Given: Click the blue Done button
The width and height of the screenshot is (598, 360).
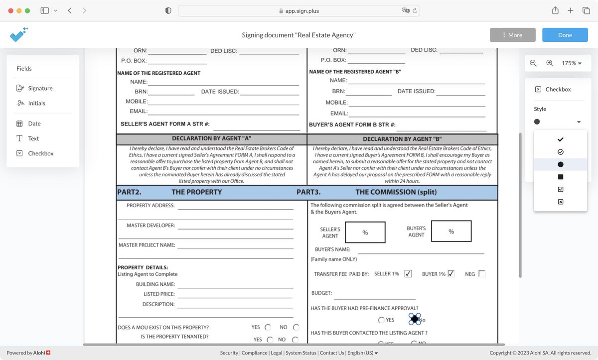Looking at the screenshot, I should [x=565, y=35].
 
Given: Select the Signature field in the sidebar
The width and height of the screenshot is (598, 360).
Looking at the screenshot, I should [x=40, y=88].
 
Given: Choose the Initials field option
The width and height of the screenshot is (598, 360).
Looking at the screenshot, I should [x=36, y=103].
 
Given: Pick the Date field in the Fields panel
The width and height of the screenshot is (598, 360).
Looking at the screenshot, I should [x=34, y=123].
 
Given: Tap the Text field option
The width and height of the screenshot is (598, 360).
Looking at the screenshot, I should [x=33, y=138].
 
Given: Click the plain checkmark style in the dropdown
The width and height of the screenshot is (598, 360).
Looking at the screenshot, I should [x=561, y=139].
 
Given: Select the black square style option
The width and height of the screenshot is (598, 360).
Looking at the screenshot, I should [x=561, y=177].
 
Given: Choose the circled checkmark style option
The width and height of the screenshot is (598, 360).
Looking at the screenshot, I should [x=561, y=152].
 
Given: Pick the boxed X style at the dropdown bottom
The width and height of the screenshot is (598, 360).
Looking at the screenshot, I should [x=561, y=202].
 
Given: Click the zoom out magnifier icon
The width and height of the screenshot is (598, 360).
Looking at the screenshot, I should [x=533, y=63].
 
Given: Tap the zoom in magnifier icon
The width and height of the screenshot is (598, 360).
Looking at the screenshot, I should [x=550, y=63].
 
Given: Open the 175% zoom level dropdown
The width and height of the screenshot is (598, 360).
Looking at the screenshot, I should [x=572, y=63].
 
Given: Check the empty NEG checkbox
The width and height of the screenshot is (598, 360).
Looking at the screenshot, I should [x=481, y=274].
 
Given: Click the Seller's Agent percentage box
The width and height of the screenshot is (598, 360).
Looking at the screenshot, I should [x=365, y=232].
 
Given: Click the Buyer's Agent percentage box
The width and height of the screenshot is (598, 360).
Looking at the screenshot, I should [x=451, y=232].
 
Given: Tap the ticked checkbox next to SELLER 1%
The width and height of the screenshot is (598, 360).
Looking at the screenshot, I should [x=408, y=274].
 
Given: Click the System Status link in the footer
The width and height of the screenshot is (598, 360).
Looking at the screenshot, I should [x=301, y=353].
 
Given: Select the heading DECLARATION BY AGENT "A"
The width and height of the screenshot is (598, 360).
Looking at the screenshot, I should [x=212, y=138].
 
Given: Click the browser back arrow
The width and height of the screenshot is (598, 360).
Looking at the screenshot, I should [x=70, y=10].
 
